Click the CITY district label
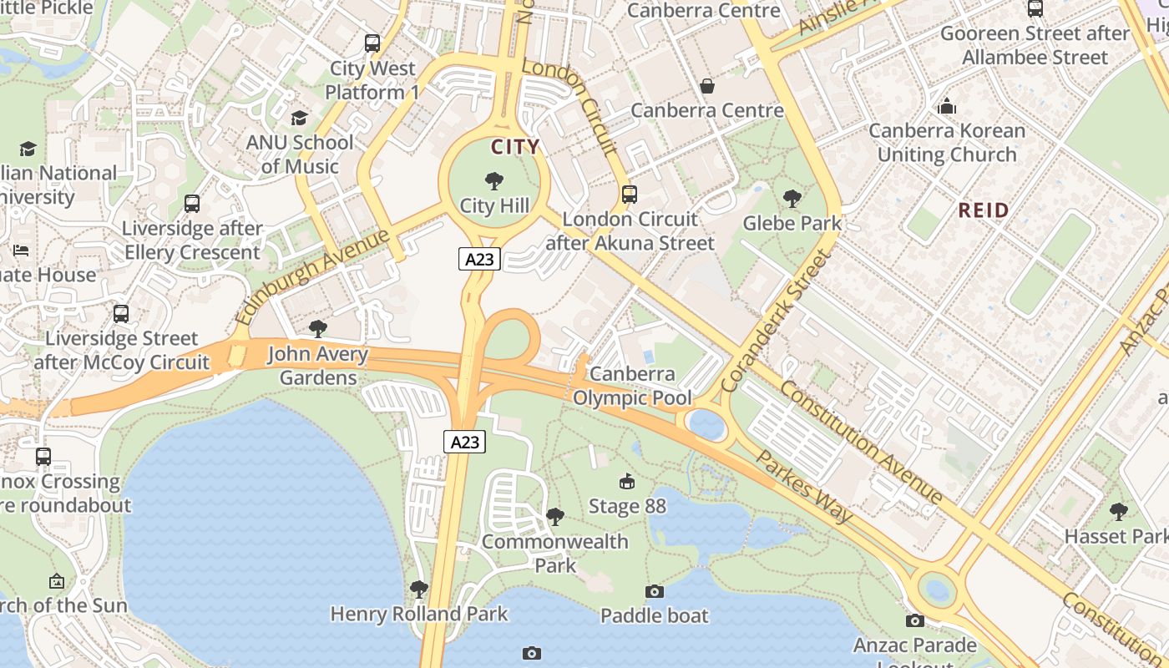click(515, 148)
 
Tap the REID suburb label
click(984, 210)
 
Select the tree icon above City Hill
click(494, 180)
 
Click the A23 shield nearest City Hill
click(479, 259)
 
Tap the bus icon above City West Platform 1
click(372, 43)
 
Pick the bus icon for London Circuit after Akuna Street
click(630, 195)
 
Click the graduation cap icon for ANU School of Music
click(299, 118)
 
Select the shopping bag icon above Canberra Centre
click(707, 86)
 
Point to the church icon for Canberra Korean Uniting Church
click(947, 106)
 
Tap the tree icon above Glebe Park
click(792, 199)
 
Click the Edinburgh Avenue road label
click(313, 276)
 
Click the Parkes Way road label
click(805, 487)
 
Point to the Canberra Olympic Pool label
click(632, 386)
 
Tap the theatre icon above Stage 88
click(627, 481)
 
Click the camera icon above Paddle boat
click(655, 591)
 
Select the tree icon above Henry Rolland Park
click(419, 590)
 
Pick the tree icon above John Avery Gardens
click(317, 329)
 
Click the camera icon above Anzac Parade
click(915, 620)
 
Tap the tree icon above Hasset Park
click(1119, 511)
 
